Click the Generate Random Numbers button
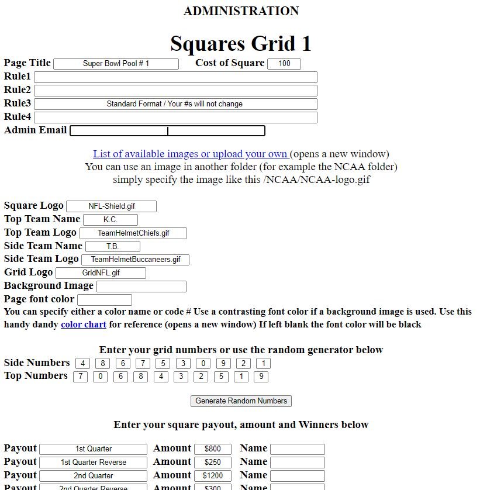point(241,401)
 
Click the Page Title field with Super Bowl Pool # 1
point(116,64)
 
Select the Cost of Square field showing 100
point(284,64)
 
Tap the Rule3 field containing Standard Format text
point(175,104)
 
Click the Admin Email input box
point(167,131)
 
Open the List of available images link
point(190,154)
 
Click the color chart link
point(84,325)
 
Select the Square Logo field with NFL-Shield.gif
point(111,206)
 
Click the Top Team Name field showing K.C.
point(110,220)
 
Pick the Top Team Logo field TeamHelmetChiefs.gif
point(133,233)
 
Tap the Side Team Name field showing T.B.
point(113,247)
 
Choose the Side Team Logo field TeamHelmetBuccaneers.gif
point(135,260)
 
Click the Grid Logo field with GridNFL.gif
point(101,273)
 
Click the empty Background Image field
point(141,287)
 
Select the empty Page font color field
point(105,300)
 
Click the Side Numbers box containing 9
point(223,364)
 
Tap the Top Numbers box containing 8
point(140,377)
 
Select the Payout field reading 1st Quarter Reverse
point(94,463)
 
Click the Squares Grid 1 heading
point(241,44)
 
